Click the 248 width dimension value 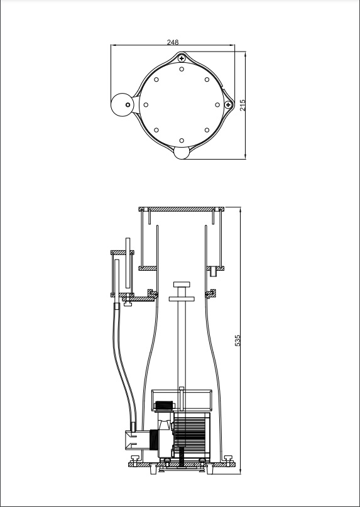(x=173, y=42)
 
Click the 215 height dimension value (x=243, y=105)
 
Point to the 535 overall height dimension (x=237, y=341)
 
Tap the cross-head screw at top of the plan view (x=182, y=58)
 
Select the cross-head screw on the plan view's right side (x=228, y=105)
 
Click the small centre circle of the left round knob (x=128, y=105)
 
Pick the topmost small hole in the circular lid (x=182, y=69)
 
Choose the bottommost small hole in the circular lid (x=182, y=141)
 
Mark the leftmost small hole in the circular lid (x=146, y=105)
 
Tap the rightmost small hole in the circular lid (x=217, y=105)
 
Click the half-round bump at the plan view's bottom (x=182, y=153)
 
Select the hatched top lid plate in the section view (x=182, y=209)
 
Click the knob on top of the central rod (x=182, y=285)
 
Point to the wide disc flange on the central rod (x=182, y=299)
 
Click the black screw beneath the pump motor (x=182, y=457)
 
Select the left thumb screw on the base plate (x=134, y=459)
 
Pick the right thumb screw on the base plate (x=228, y=459)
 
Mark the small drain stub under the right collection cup (x=213, y=271)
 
